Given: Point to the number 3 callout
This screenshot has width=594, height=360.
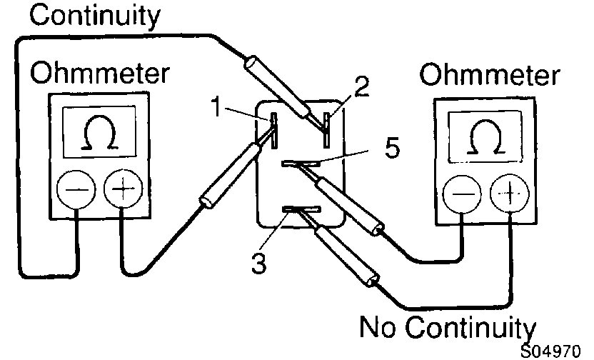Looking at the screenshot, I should (258, 262).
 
